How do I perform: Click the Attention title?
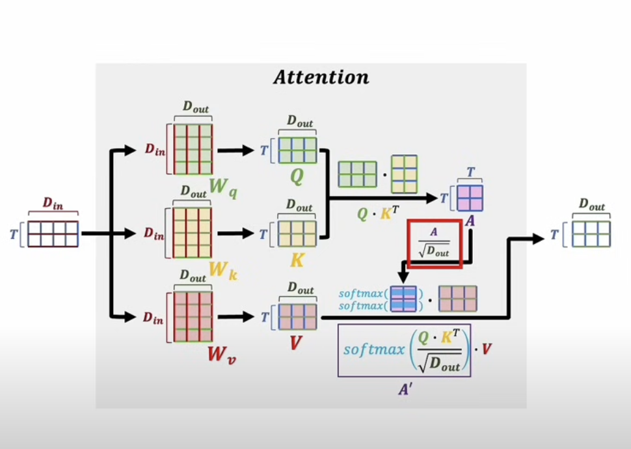(321, 78)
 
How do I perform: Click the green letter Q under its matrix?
(297, 177)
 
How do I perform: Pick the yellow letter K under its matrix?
(297, 260)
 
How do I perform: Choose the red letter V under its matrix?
(296, 343)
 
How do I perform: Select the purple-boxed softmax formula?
(404, 350)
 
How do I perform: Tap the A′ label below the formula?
(404, 388)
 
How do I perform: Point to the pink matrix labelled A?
(470, 198)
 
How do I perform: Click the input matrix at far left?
(53, 234)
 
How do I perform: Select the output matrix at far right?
(591, 234)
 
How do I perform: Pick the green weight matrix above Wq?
(193, 149)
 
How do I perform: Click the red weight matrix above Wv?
(193, 317)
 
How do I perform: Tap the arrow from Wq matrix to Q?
(235, 151)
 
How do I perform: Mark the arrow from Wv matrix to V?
(235, 317)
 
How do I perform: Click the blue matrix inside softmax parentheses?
(404, 298)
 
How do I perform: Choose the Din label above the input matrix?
(53, 203)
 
